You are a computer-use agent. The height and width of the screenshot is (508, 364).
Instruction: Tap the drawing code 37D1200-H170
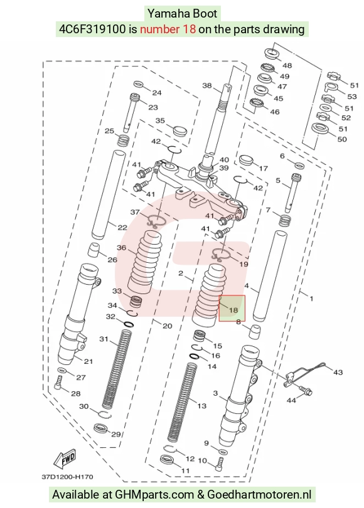pyautogui.click(x=67, y=477)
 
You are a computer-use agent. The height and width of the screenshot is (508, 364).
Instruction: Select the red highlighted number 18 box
pyautogui.click(x=232, y=309)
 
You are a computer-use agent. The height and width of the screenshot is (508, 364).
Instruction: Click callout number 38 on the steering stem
pyautogui.click(x=207, y=85)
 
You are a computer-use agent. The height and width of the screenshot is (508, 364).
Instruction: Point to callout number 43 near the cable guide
pyautogui.click(x=338, y=373)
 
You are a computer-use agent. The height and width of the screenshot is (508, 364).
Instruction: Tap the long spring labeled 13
pyautogui.click(x=183, y=403)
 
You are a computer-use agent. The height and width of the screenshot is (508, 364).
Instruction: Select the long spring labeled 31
pyautogui.click(x=117, y=369)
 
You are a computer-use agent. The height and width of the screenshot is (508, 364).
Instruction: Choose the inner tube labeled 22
pyautogui.click(x=109, y=194)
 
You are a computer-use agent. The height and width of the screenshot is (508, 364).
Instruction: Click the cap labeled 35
pyautogui.click(x=179, y=130)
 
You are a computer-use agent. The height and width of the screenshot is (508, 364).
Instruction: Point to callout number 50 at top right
pyautogui.click(x=342, y=139)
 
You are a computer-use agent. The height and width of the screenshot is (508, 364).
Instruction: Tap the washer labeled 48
pyautogui.click(x=272, y=53)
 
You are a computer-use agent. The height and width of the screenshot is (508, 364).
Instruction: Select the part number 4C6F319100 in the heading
pyautogui.click(x=92, y=29)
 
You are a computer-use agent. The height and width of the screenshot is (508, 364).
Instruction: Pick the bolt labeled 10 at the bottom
pyautogui.click(x=220, y=463)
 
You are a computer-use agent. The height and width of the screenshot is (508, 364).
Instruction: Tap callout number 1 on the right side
pyautogui.click(x=311, y=299)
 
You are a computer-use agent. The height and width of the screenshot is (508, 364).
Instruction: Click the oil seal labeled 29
pyautogui.click(x=101, y=428)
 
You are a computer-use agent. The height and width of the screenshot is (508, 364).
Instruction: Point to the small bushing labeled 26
pyautogui.click(x=94, y=249)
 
